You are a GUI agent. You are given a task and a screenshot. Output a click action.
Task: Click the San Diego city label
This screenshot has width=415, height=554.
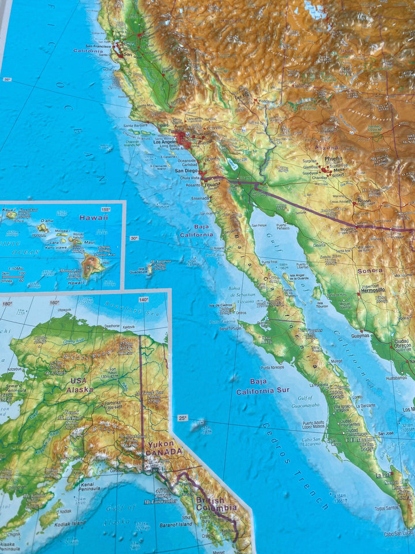coord(187,171)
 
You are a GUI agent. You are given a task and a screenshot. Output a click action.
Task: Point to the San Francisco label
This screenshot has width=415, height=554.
coord(98,46)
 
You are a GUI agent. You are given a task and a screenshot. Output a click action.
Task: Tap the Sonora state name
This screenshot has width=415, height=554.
coord(369,270)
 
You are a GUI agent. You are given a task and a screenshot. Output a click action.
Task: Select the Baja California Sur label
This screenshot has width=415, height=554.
coord(261,387)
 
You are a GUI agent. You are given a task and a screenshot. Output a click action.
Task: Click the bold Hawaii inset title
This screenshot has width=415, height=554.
coord(94,218)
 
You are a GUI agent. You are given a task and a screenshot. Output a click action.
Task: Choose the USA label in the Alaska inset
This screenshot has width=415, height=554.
coord(78,381)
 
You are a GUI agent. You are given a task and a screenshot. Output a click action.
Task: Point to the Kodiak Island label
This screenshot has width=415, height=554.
coord(71,523)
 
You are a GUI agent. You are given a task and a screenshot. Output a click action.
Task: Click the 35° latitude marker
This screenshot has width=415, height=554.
coord(7,80)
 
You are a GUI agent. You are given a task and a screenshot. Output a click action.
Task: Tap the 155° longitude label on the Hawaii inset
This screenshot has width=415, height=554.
coord(105,209)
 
